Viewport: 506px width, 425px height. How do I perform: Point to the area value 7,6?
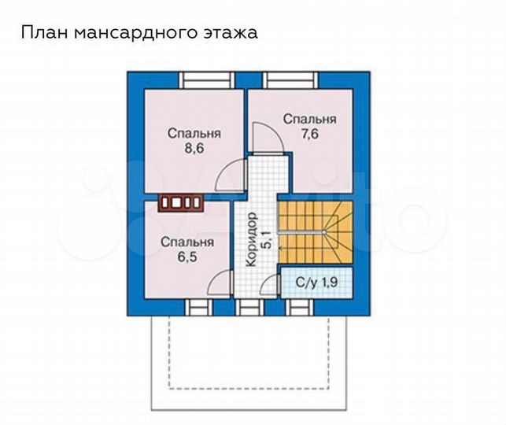(310, 135)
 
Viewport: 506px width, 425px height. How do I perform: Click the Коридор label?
(250, 240)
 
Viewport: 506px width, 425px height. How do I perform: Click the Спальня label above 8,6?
(194, 133)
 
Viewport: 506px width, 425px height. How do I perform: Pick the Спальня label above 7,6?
(310, 119)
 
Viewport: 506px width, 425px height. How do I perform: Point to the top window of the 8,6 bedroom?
(205, 79)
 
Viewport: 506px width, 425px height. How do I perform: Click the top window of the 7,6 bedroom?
(289, 79)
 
